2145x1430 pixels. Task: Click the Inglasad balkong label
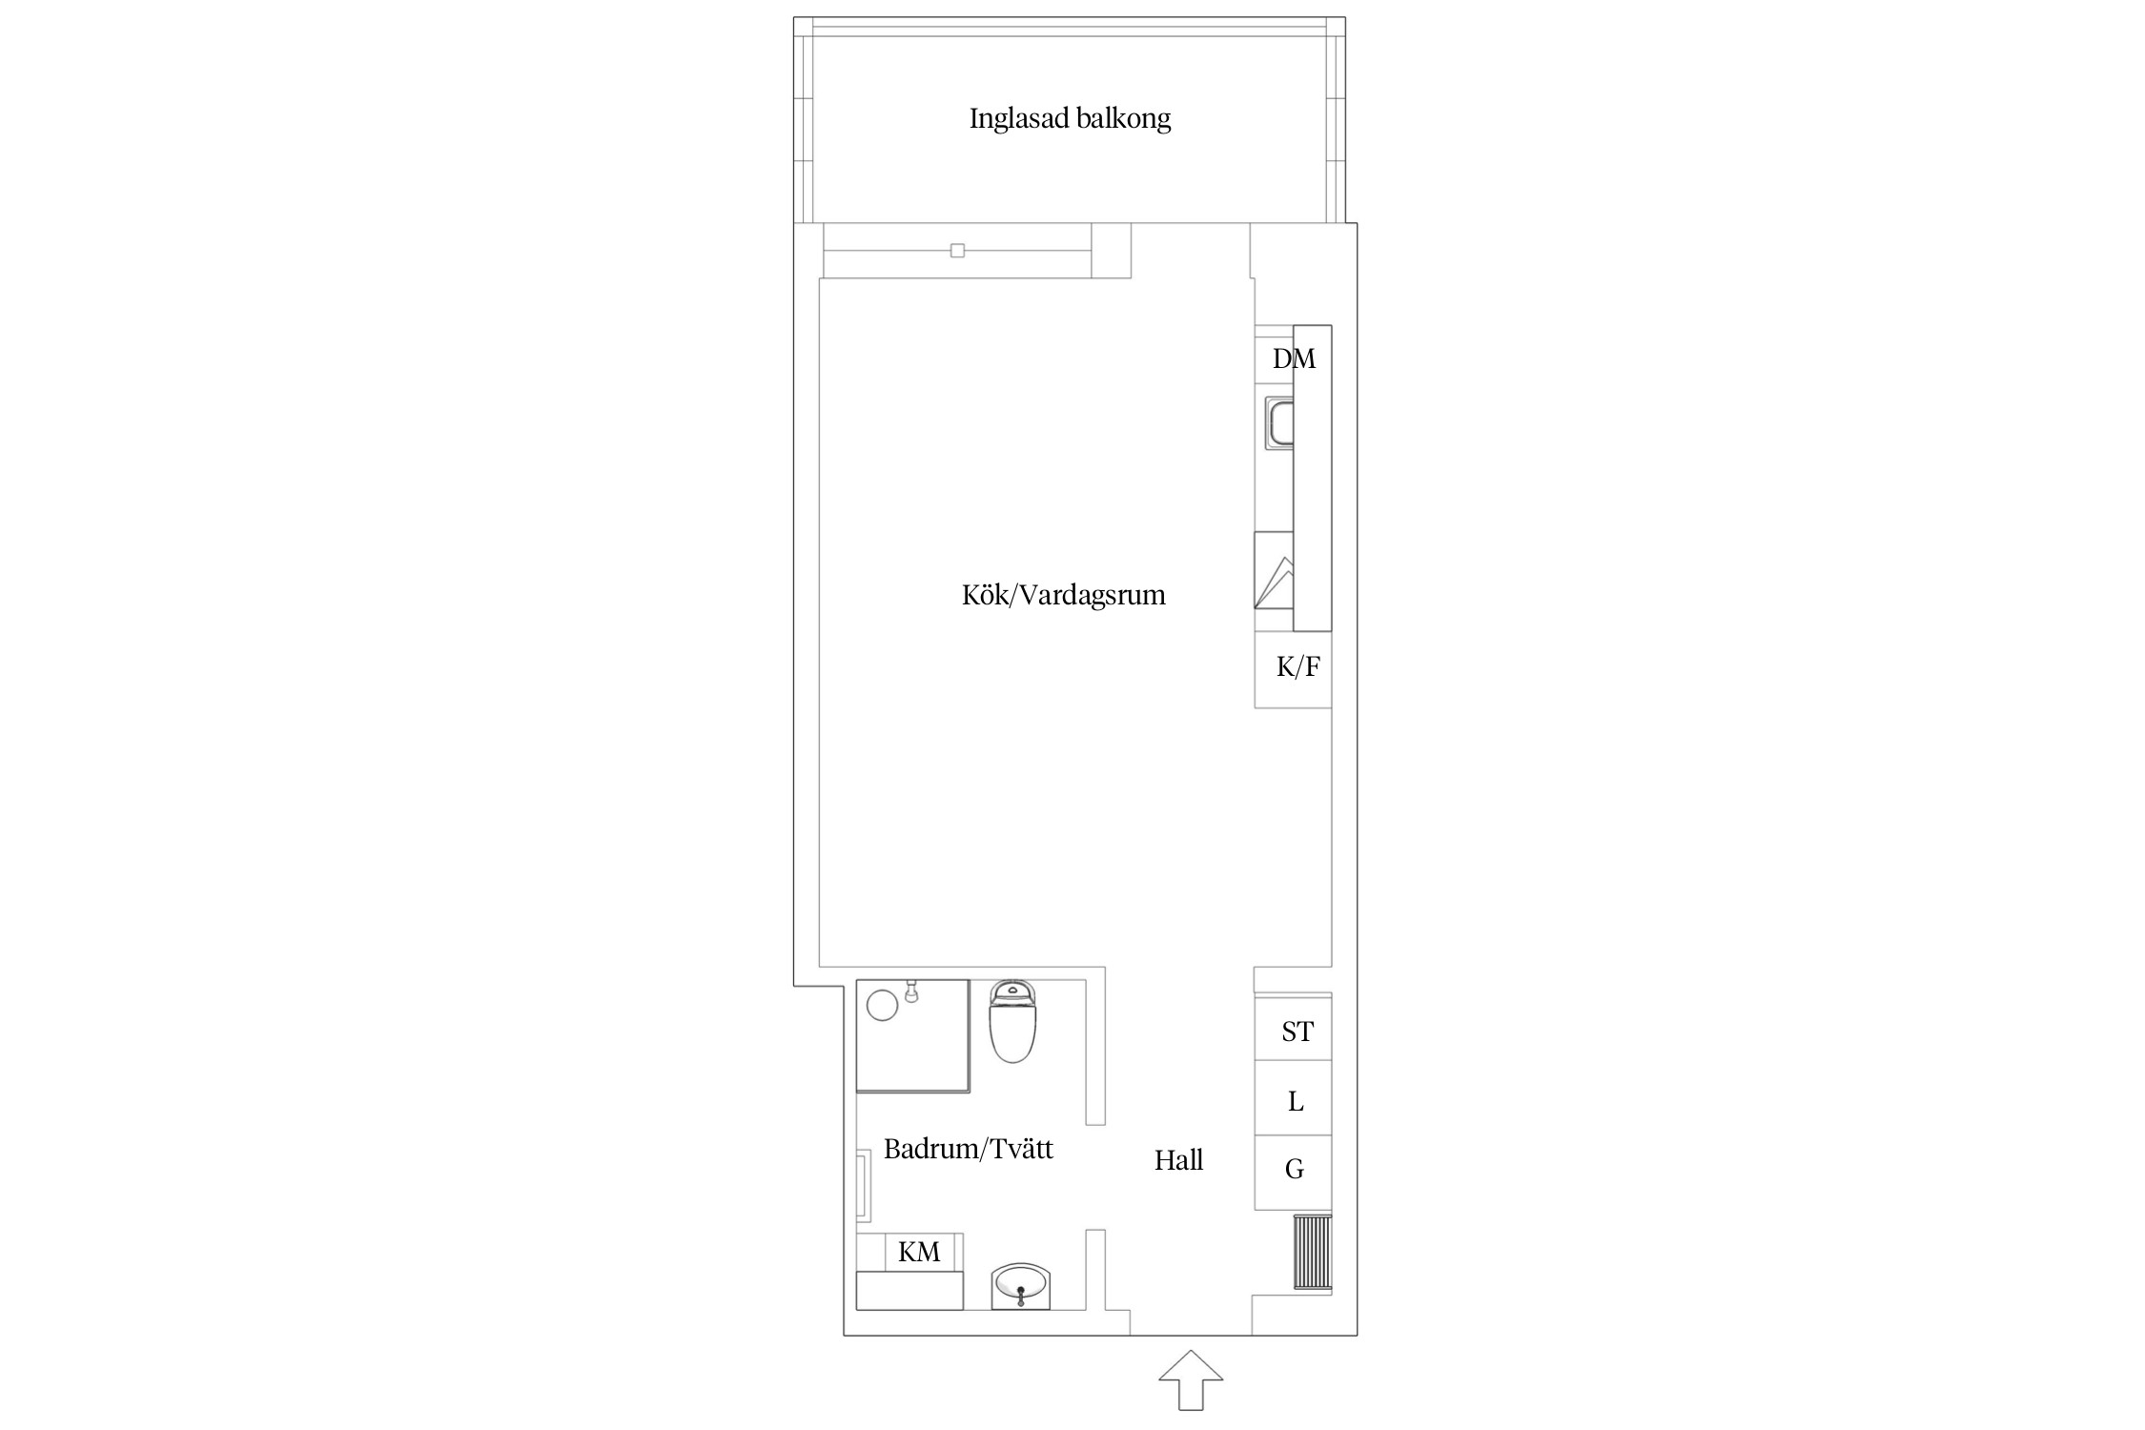tap(1070, 119)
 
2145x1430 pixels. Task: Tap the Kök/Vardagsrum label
tap(1063, 596)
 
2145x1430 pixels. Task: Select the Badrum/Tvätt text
tap(968, 1149)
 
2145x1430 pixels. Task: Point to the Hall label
tap(1178, 1160)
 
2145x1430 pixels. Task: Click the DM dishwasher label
tap(1294, 359)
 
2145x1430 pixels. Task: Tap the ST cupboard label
tap(1296, 1032)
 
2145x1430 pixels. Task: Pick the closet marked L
tap(1295, 1102)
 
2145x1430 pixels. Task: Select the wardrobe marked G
tap(1294, 1170)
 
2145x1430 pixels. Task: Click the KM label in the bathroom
tap(918, 1253)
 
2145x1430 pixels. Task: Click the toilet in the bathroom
tap(1012, 1032)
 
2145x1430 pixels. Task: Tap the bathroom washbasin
tap(1020, 1286)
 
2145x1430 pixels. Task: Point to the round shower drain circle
tap(883, 1005)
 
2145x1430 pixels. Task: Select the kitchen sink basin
tap(1278, 424)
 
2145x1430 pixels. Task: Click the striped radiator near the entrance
tap(1312, 1252)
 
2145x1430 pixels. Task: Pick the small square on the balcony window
tap(957, 251)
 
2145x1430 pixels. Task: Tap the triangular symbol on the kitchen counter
tap(1274, 583)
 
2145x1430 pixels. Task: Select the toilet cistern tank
tap(1012, 992)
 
